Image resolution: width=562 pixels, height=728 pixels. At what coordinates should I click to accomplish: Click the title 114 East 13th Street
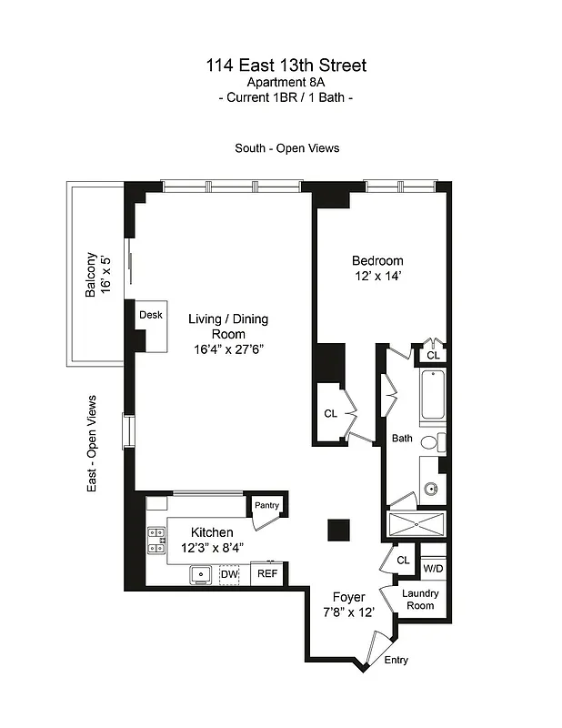286,66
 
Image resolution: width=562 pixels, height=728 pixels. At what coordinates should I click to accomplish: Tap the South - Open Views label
286,148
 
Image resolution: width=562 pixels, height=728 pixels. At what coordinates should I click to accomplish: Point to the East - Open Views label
92,444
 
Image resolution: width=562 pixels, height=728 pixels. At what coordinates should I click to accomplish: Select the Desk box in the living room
150,315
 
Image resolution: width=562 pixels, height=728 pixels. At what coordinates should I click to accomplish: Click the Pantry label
266,506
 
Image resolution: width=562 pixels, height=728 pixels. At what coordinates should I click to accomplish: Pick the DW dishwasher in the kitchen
229,573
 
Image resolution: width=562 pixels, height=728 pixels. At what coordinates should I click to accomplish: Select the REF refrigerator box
266,573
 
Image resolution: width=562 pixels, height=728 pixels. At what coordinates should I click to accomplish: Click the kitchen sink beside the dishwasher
201,574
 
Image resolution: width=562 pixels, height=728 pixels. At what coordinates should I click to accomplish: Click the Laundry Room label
421,600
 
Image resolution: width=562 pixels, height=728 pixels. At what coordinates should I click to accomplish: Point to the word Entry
396,661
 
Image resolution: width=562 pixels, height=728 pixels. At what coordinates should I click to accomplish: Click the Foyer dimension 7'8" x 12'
348,612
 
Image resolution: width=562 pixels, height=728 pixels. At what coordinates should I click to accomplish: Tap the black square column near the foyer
339,530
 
